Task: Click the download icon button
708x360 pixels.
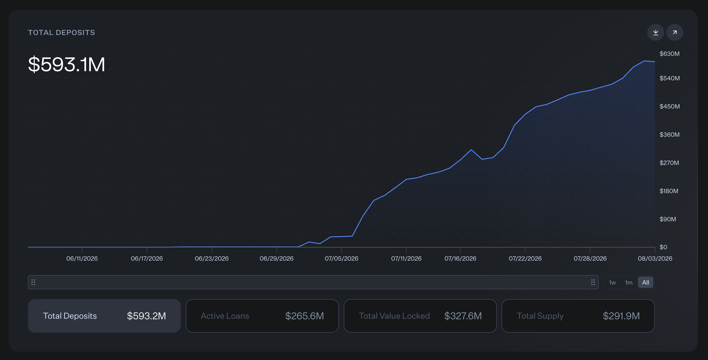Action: pos(656,32)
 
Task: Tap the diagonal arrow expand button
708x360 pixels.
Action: pos(675,32)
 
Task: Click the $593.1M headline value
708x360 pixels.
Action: pos(67,64)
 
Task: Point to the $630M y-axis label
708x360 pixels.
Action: pos(670,54)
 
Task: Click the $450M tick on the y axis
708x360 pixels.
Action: pos(670,107)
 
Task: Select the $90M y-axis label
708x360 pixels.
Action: pos(668,219)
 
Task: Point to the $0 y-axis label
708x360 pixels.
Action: pos(663,247)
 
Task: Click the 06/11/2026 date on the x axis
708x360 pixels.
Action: pos(82,259)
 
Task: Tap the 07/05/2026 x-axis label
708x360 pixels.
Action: pos(341,259)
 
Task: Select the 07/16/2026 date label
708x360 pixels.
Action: pos(460,259)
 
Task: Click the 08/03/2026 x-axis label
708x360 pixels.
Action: pos(655,259)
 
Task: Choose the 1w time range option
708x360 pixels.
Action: pos(612,283)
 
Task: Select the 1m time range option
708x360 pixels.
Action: pos(629,283)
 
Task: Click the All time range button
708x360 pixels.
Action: pos(646,283)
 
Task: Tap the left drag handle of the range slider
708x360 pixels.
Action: pos(33,282)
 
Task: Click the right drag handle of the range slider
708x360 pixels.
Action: pos(593,282)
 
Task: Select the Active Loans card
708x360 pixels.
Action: pos(262,316)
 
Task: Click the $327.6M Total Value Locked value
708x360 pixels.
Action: pos(463,316)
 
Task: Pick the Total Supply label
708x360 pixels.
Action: pos(540,316)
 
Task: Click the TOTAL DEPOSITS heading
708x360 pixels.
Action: pos(62,32)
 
